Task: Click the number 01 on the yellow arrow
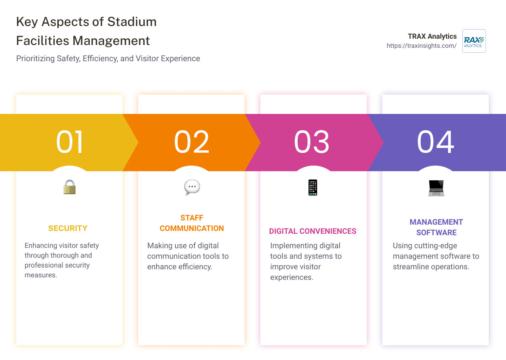point(70,142)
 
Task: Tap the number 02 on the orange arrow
point(192,142)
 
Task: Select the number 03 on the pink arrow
point(312,142)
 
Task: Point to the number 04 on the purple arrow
point(435,142)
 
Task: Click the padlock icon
point(70,187)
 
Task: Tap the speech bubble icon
point(192,187)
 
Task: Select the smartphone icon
point(313,187)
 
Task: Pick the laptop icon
point(436,188)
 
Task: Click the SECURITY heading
point(68,229)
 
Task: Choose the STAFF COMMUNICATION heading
point(192,223)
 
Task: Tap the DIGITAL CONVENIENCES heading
point(313,231)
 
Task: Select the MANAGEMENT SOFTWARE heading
point(436,227)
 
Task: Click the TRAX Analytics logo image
point(474,41)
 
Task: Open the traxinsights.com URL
point(421,46)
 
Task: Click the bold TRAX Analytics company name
point(432,36)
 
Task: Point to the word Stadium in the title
point(132,22)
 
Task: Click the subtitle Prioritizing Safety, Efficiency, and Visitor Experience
point(108,59)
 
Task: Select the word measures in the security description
point(40,275)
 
